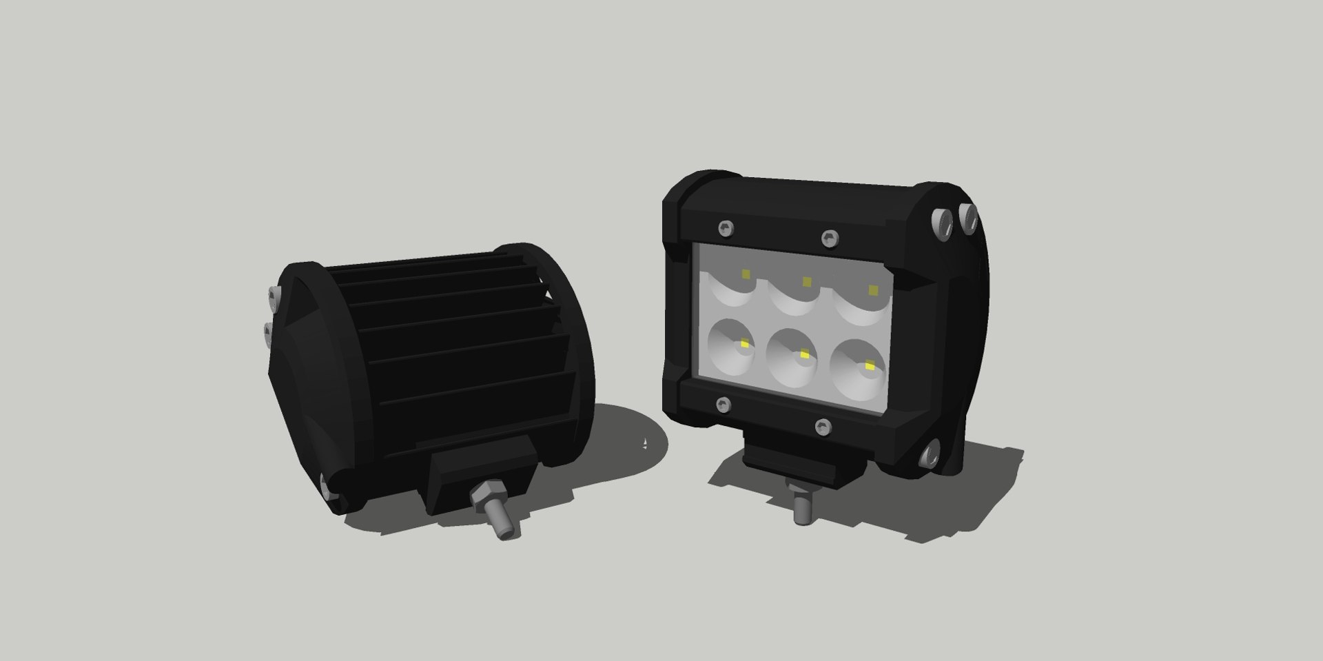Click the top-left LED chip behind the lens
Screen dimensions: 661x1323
point(746,274)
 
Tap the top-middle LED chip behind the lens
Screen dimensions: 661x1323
point(806,281)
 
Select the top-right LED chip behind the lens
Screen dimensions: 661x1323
point(874,289)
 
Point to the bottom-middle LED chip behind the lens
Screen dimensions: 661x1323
point(804,354)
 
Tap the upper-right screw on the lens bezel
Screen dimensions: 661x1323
point(829,238)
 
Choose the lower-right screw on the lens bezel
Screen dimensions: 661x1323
point(821,427)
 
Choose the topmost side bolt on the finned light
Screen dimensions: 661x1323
point(274,298)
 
